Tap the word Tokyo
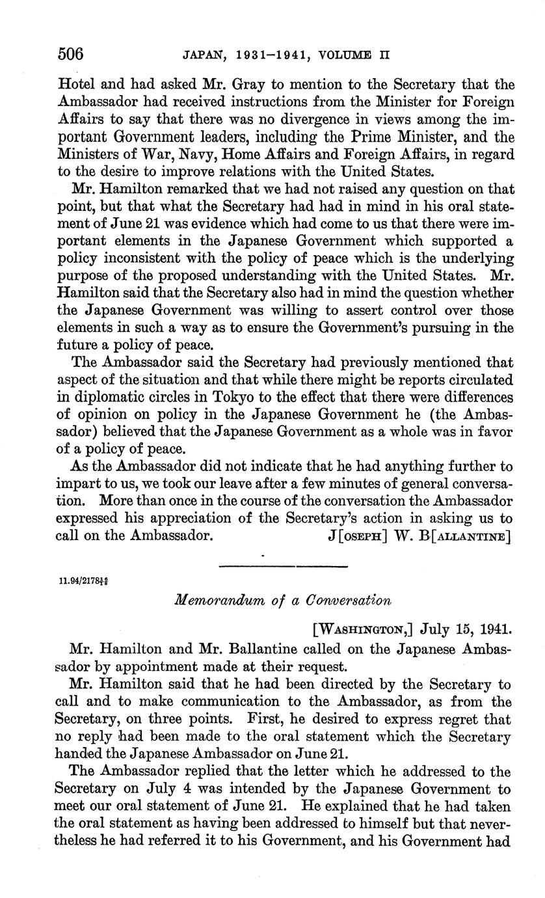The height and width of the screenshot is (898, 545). [237, 397]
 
